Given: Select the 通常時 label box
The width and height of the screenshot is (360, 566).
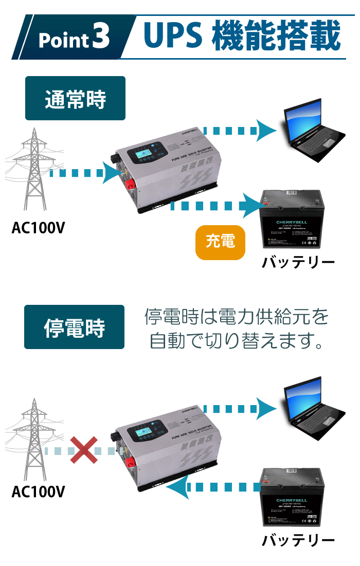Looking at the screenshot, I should (x=75, y=99).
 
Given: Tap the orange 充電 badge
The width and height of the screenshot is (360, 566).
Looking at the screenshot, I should (x=220, y=241).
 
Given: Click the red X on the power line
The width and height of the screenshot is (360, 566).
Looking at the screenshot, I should (x=84, y=450).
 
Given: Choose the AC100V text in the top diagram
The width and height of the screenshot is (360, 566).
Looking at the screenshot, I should (x=38, y=227).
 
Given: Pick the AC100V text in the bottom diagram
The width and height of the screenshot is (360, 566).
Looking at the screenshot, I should (x=38, y=492).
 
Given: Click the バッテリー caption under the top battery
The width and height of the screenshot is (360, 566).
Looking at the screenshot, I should (x=298, y=263).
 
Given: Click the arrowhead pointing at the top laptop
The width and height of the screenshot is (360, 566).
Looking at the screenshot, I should (x=267, y=131).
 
